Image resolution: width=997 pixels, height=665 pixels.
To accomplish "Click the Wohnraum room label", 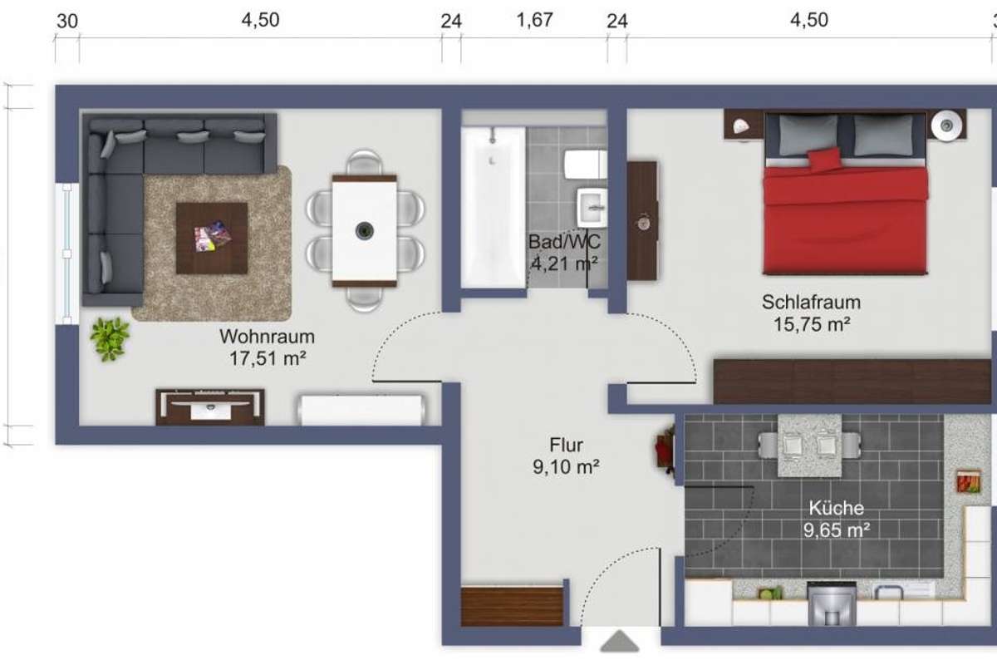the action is pyautogui.click(x=267, y=337).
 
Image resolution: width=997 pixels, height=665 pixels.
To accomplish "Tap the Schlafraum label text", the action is pyautogui.click(x=811, y=302).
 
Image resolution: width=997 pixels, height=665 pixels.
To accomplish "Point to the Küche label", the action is pyautogui.click(x=837, y=508).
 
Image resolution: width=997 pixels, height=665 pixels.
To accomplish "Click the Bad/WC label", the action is pyautogui.click(x=564, y=242).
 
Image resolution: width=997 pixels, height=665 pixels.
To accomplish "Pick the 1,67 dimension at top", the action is pyautogui.click(x=534, y=20).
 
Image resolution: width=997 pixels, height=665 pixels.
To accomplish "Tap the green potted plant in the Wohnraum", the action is pyautogui.click(x=110, y=338).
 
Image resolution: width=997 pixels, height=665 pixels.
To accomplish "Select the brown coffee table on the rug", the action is pyautogui.click(x=212, y=239).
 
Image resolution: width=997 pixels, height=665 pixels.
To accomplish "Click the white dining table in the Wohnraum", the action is pyautogui.click(x=365, y=231).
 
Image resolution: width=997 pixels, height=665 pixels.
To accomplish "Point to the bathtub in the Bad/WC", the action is pyautogui.click(x=494, y=207).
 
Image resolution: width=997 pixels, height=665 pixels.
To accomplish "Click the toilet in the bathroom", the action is pyautogui.click(x=585, y=164).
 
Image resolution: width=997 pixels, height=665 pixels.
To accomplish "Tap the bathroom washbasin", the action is pyautogui.click(x=592, y=207).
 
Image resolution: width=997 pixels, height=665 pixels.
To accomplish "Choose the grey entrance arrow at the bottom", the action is pyautogui.click(x=620, y=642).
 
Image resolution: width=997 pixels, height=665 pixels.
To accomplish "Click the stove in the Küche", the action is pyautogui.click(x=832, y=603).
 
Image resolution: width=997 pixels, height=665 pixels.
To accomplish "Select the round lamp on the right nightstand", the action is pyautogui.click(x=946, y=126).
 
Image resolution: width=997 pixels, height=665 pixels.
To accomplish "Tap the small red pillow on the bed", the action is pyautogui.click(x=825, y=160).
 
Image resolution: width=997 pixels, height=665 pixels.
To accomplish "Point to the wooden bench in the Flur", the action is pyautogui.click(x=512, y=607).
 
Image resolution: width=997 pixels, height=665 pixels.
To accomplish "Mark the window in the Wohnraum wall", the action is pyautogui.click(x=66, y=254).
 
